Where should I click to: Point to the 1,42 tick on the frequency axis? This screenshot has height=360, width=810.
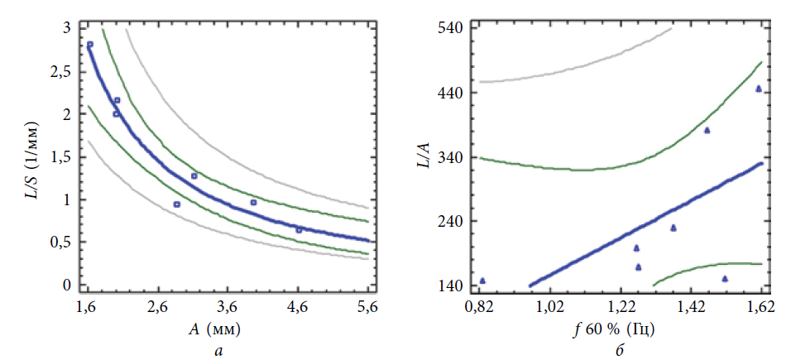pyautogui.click(x=689, y=308)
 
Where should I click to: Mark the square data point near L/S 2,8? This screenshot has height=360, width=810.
pyautogui.click(x=90, y=45)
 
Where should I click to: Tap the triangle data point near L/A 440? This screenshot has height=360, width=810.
pyautogui.click(x=758, y=89)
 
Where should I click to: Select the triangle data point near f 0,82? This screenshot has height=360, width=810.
pyautogui.click(x=482, y=281)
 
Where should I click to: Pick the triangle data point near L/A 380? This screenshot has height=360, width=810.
pyautogui.click(x=707, y=130)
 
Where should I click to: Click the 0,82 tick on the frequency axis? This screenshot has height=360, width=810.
pyautogui.click(x=477, y=308)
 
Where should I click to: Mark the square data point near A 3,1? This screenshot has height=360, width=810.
pyautogui.click(x=194, y=176)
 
